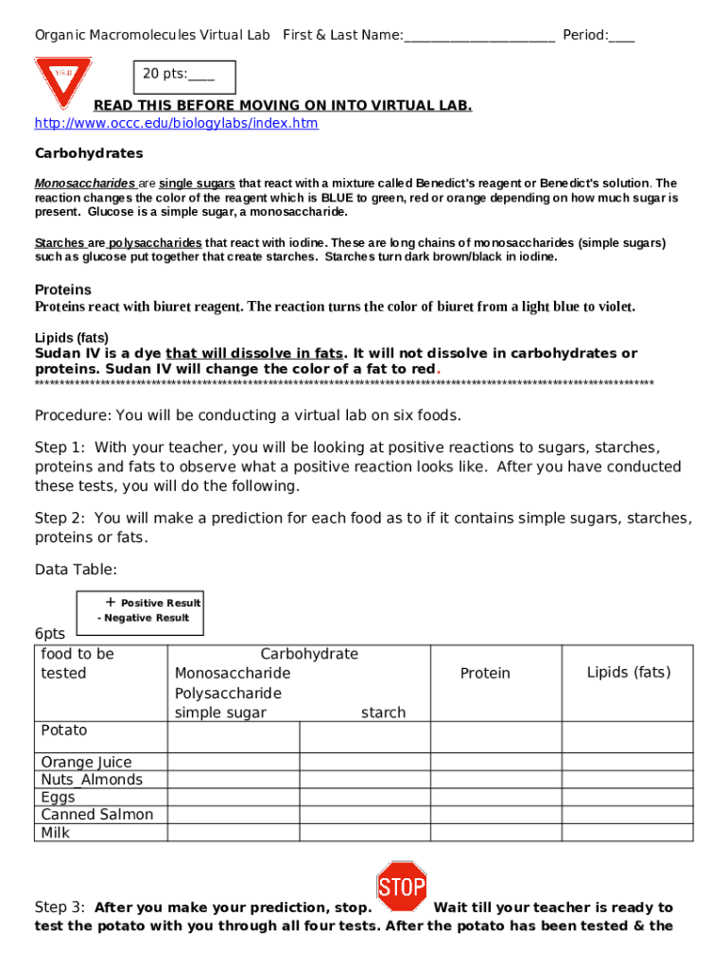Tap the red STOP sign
click(x=402, y=887)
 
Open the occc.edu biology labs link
click(x=177, y=124)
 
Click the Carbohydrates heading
click(x=89, y=153)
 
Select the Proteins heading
click(x=63, y=290)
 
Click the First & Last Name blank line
click(x=478, y=37)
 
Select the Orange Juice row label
click(x=86, y=763)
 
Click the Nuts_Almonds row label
click(x=92, y=780)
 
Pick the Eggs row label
click(x=58, y=798)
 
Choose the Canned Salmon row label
click(x=96, y=815)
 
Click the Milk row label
click(x=56, y=833)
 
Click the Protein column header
click(x=485, y=674)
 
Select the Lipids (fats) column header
click(x=629, y=673)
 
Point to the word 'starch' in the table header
click(x=383, y=713)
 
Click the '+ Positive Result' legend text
click(x=153, y=603)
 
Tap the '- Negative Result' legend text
click(x=143, y=618)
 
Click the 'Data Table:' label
click(x=77, y=570)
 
